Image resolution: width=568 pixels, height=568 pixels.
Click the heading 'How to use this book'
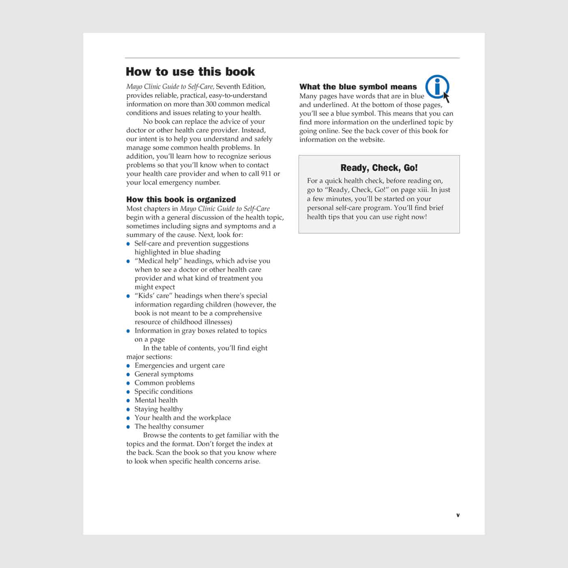(x=190, y=72)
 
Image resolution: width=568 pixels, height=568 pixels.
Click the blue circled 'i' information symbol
(x=437, y=86)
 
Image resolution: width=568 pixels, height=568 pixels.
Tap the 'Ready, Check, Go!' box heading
(x=379, y=168)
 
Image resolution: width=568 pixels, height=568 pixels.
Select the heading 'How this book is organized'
(x=181, y=199)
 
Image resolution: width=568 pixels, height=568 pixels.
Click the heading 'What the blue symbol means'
(x=358, y=86)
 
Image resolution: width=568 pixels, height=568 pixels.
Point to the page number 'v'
(x=458, y=515)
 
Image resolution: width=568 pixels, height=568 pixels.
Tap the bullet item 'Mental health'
(x=156, y=400)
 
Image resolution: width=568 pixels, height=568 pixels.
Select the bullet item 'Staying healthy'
(x=159, y=409)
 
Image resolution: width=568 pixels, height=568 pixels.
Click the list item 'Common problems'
(x=164, y=383)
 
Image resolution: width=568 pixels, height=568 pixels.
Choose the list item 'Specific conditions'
(x=164, y=392)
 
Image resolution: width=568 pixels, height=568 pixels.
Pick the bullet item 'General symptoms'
(x=164, y=374)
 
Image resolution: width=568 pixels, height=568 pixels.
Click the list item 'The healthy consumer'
(x=169, y=426)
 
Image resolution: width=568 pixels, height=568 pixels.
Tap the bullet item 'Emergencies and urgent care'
(x=179, y=365)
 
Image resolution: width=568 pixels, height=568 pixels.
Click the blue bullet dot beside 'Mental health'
(x=128, y=400)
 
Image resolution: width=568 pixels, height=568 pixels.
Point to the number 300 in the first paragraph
(x=211, y=104)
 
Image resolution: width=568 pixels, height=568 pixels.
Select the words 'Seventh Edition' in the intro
(x=241, y=86)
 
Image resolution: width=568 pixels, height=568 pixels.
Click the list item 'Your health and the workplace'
(x=183, y=417)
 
